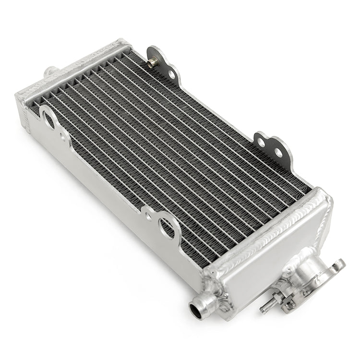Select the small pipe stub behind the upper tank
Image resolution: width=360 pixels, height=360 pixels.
[49, 72]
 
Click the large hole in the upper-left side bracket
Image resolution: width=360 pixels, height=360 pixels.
[49, 120]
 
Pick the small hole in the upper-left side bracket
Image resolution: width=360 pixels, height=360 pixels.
[63, 136]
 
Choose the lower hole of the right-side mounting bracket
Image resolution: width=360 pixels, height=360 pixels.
[278, 153]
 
